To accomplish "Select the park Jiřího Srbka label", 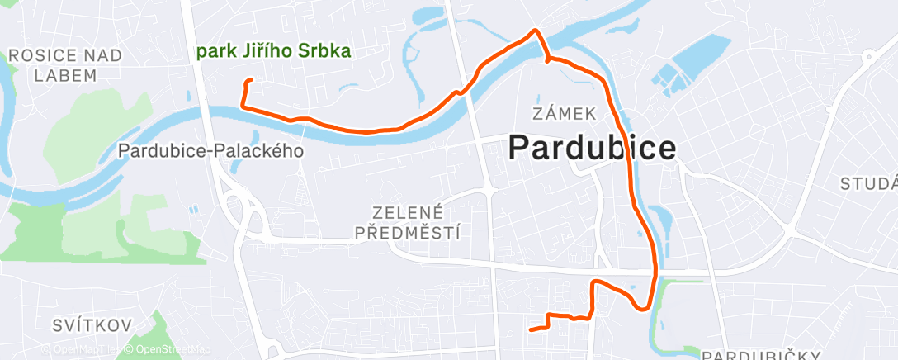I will pos(274,51).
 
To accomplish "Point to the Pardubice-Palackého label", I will pos(211,152).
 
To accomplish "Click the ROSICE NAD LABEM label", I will pos(65,65).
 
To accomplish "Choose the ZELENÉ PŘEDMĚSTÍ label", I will pos(408,223).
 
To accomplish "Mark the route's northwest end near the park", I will pos(250,80).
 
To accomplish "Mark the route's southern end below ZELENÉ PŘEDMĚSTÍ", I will pos(531,329).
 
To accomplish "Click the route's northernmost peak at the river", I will pos(536,31).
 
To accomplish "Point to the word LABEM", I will pos(65,75).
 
